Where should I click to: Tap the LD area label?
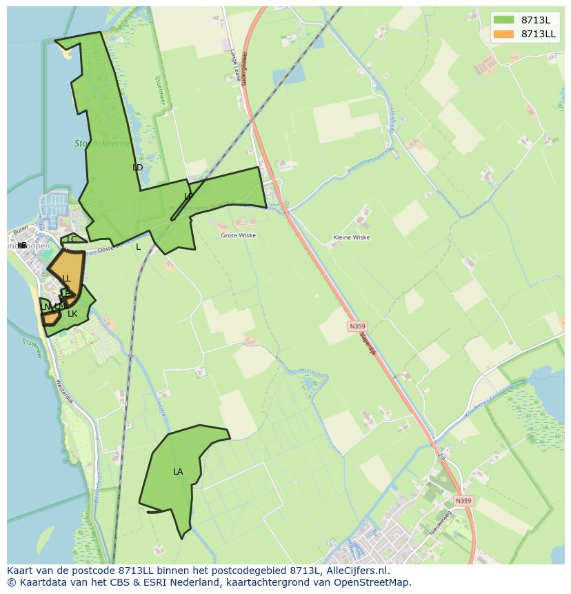tap(138, 168)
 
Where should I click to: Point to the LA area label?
tap(178, 472)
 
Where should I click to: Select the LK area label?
tap(72, 314)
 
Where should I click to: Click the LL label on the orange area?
tap(66, 279)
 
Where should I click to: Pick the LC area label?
tap(72, 239)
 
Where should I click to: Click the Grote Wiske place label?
tap(238, 235)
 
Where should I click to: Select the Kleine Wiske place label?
tap(351, 237)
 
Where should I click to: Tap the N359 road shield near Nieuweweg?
tap(464, 501)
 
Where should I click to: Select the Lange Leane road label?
tap(237, 66)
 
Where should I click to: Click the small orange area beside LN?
tap(50, 319)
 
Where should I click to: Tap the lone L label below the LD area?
tap(138, 247)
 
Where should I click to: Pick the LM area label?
tap(60, 306)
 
